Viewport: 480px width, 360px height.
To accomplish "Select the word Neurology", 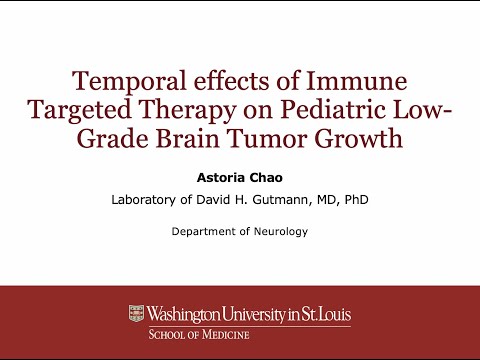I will [x=280, y=232].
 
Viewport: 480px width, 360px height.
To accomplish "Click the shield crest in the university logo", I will [x=137, y=314].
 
